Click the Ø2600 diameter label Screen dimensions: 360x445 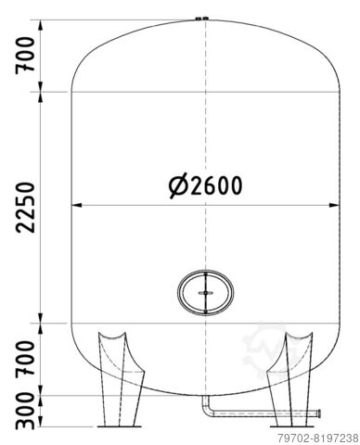tap(205, 186)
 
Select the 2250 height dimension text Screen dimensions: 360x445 tap(25, 208)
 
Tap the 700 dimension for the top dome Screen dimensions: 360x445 tap(25, 56)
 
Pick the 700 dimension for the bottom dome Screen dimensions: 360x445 tap(25, 358)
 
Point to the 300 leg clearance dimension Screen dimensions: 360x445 tap(25, 411)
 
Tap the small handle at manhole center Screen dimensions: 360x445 tap(205, 293)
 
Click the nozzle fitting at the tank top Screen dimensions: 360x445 tap(201, 19)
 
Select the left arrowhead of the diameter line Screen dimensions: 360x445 tap(76, 205)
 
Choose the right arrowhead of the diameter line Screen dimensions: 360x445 tap(334, 205)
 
